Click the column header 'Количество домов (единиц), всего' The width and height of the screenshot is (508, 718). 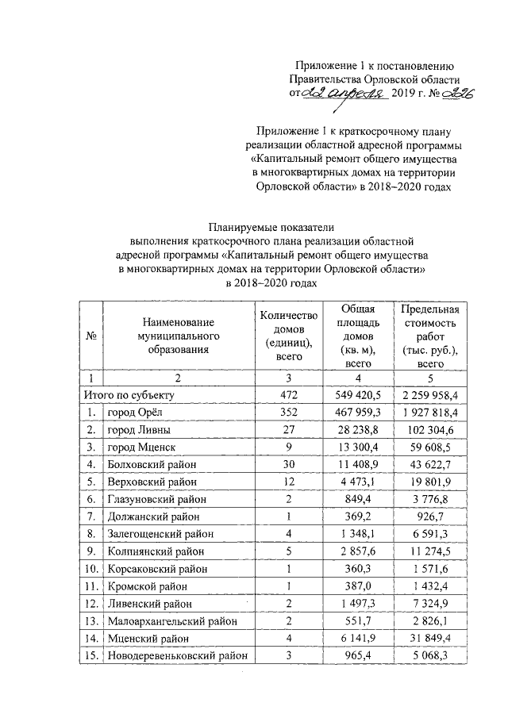click(289, 336)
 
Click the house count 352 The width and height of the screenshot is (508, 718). click(289, 413)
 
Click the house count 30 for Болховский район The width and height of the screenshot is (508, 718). click(289, 465)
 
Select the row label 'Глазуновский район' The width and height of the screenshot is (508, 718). click(157, 500)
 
